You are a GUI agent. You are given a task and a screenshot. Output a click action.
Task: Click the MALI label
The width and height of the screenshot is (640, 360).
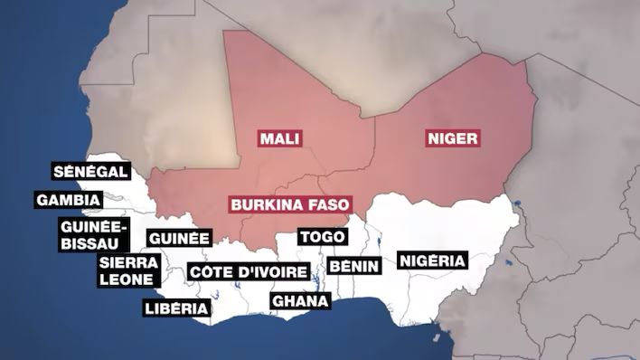(x=279, y=138)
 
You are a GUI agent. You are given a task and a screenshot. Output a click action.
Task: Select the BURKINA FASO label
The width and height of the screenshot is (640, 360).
(x=288, y=204)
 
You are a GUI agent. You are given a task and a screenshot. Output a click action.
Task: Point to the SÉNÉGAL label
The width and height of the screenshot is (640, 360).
(x=90, y=172)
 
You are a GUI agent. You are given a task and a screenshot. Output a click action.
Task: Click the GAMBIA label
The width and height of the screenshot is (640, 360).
(x=68, y=200)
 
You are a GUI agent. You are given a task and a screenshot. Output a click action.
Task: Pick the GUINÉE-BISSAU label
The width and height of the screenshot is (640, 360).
(x=94, y=233)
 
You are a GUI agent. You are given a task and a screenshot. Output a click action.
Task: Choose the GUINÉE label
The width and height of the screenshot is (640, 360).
(x=179, y=238)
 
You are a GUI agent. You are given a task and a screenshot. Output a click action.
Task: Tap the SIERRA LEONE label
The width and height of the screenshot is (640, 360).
(x=129, y=270)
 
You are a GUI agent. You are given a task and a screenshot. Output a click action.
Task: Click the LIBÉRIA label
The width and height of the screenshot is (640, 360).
(x=176, y=309)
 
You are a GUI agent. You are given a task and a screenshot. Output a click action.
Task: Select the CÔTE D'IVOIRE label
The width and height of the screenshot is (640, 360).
(x=248, y=271)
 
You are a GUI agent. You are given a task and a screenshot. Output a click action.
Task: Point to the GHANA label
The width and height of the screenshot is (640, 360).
(x=300, y=300)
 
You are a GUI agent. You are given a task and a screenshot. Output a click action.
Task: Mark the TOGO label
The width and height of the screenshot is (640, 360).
(x=323, y=236)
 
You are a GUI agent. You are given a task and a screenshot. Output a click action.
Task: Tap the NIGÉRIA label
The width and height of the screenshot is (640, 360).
(x=432, y=261)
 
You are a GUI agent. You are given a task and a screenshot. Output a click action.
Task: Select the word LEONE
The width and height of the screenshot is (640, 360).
(x=127, y=279)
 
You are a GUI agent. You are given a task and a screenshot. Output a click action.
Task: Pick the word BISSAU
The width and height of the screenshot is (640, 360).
(x=94, y=242)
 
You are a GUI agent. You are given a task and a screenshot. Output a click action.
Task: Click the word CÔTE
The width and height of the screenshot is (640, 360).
(x=210, y=271)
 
